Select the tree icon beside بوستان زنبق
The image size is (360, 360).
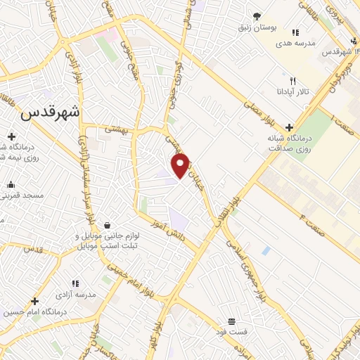coord(257,16)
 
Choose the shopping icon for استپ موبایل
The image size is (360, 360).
coord(106,225)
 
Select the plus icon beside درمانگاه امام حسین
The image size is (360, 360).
coord(34,302)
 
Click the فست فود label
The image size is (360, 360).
coord(231,331)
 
